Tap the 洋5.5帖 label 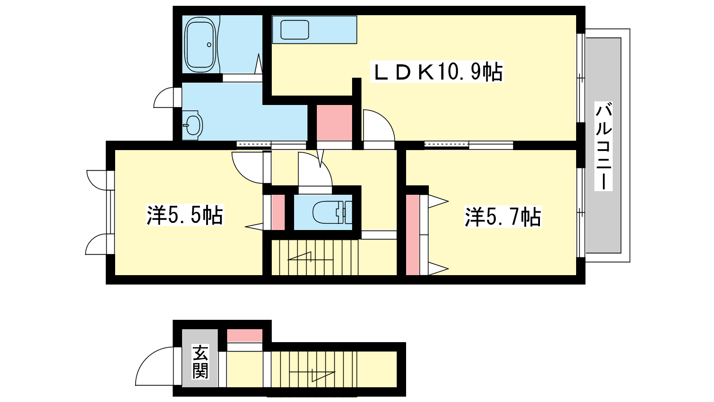coord(185,215)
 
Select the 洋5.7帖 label coord(503,217)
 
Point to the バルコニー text coord(603,146)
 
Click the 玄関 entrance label coord(200,362)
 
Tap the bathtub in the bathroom coord(201,44)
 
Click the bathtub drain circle coord(209,45)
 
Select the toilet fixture coord(332,212)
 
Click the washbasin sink coord(193,125)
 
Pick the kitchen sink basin coord(295,29)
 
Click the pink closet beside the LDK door coord(334,122)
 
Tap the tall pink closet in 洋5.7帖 coord(412,234)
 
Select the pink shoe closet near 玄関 coord(245,335)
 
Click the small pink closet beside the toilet coord(278,212)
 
